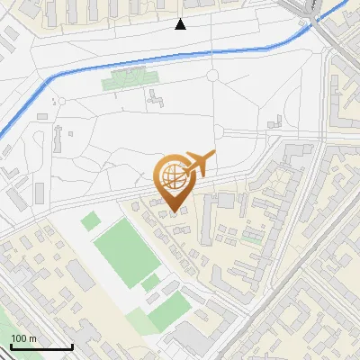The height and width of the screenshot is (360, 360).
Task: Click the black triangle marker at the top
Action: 181,24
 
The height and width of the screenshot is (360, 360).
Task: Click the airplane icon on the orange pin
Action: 200,164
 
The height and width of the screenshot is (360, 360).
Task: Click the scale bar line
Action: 41,347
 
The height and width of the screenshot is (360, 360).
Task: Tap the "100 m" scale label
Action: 24,338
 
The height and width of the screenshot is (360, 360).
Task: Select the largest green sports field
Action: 127,251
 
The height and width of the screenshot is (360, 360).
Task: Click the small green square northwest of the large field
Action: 90,220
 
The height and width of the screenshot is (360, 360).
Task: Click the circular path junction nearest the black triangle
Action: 212,76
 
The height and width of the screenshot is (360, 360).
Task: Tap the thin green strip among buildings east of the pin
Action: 253,239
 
